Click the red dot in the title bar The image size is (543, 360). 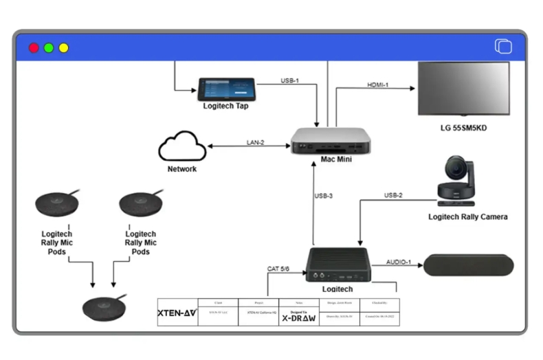click(x=33, y=47)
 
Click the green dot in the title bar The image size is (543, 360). click(x=49, y=47)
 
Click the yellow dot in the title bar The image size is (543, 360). click(x=64, y=47)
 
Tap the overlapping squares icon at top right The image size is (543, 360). click(x=503, y=47)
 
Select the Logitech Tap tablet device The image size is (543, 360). click(x=227, y=89)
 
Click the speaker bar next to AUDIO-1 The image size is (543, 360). click(x=468, y=265)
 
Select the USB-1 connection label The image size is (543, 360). click(x=290, y=80)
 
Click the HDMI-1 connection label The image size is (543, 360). click(x=378, y=85)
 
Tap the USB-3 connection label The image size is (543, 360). click(x=324, y=196)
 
